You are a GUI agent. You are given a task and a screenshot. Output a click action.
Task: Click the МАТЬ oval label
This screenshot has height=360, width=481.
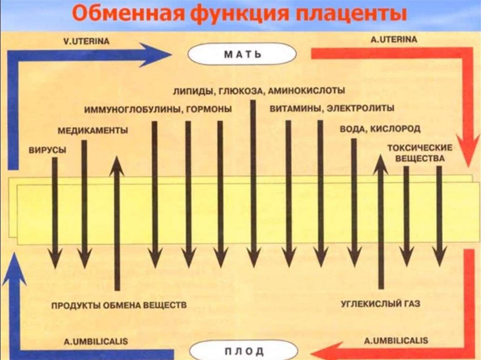[242, 55]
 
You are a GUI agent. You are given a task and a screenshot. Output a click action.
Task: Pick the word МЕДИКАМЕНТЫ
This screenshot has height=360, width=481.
[94, 130]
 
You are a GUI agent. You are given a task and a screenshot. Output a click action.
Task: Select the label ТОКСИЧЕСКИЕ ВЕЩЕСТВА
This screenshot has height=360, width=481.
[419, 153]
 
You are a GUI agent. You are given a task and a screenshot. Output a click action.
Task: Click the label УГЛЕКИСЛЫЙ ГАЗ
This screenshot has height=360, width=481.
[380, 304]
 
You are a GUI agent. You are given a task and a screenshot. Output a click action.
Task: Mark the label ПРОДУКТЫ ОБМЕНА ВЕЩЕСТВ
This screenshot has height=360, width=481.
[119, 305]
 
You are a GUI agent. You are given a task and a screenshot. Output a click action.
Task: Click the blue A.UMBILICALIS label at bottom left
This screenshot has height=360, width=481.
[95, 341]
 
